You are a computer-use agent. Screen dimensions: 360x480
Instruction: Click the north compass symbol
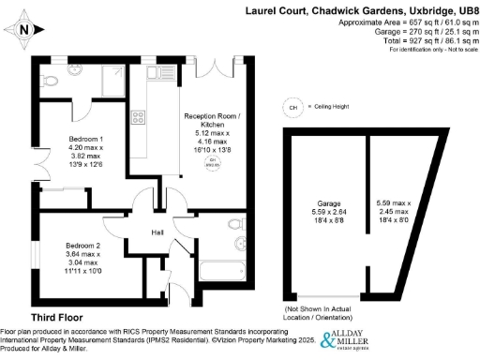coord(25,30)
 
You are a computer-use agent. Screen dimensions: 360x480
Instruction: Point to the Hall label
coord(158,232)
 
